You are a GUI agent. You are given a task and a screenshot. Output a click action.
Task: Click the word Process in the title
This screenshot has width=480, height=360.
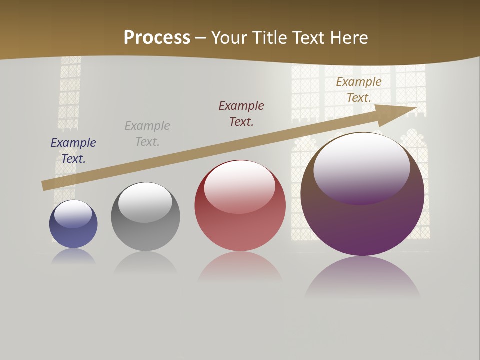pyautogui.click(x=157, y=38)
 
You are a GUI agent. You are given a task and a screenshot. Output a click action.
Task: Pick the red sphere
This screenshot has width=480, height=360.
pyautogui.click(x=240, y=230)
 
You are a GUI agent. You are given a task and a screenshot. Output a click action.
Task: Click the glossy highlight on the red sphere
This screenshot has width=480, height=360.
pyautogui.click(x=239, y=185)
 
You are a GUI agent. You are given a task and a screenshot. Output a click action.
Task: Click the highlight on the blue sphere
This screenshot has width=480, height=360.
pyautogui.click(x=73, y=213)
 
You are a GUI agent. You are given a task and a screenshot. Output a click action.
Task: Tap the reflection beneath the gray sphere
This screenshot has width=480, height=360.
pyautogui.click(x=145, y=262)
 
